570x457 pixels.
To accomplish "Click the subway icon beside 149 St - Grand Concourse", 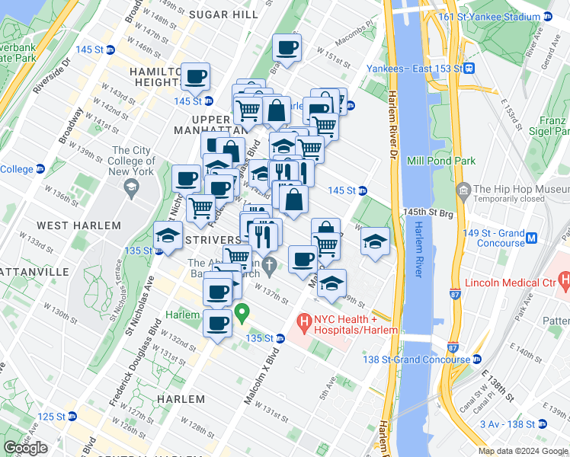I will pos(533,238).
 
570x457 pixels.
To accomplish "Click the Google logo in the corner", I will pos(26,448).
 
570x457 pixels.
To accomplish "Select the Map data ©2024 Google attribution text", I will pos(523,451).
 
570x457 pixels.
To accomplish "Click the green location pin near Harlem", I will pos(242,312).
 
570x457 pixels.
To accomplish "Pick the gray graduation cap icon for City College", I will pos(131,186).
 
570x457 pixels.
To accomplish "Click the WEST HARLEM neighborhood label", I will pos(78,225).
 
